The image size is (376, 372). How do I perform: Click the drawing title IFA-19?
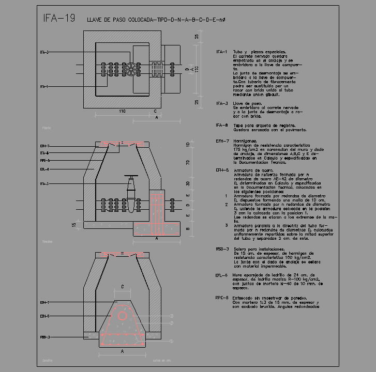59,19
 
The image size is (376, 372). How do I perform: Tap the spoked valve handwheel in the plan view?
134,69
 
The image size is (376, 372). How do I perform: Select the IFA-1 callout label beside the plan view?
45,87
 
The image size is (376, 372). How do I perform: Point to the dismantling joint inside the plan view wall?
156,69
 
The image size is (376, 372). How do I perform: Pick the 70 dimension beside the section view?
188,163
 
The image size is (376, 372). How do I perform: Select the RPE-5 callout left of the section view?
45,161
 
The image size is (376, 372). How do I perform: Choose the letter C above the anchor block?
122,286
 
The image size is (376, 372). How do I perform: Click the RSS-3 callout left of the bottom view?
45,337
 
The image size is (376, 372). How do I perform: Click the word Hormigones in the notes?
246,141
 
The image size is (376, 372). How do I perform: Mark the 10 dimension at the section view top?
188,145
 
